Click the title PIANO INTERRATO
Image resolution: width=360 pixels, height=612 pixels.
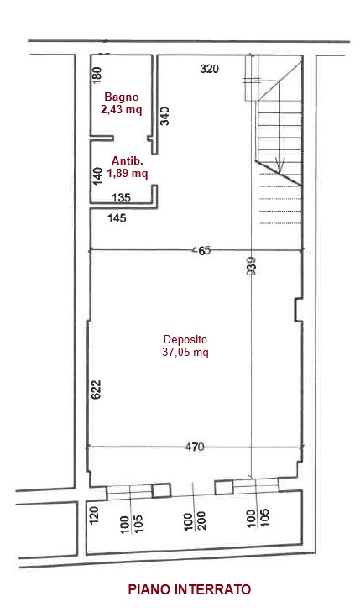189,588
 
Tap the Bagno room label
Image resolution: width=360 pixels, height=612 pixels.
122,97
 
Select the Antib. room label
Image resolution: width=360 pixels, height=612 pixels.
128,161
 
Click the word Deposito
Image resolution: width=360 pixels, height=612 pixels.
185,340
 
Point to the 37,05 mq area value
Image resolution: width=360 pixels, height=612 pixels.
185,353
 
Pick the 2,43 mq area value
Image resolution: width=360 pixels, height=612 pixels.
122,110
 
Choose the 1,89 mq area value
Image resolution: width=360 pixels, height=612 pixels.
128,173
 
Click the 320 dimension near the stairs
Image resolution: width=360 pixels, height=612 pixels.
209,69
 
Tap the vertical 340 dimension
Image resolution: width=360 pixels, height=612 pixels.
165,116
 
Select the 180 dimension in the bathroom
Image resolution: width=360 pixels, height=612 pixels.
97,74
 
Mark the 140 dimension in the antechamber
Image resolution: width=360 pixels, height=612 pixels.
97,175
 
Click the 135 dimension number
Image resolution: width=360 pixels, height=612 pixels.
121,198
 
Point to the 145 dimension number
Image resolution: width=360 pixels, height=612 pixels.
117,217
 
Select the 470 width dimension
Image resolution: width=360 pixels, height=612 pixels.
194,447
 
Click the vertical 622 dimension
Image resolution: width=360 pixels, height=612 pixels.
96,390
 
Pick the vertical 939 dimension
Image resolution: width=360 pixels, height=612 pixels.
252,266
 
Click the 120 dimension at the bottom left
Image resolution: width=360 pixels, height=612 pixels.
95,515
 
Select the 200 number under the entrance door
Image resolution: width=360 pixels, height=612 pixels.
201,520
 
